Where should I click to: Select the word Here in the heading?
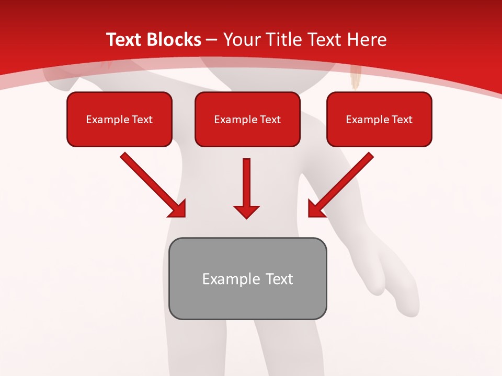pyautogui.click(x=366, y=40)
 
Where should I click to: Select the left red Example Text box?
pyautogui.click(x=119, y=119)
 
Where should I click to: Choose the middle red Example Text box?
pyautogui.click(x=247, y=119)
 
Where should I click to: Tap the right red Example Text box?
pyautogui.click(x=379, y=119)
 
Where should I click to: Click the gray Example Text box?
pyautogui.click(x=248, y=278)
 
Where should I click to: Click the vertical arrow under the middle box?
pyautogui.click(x=246, y=185)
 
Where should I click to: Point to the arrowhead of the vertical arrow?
pyautogui.click(x=246, y=211)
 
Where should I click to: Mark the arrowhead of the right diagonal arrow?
pyautogui.click(x=315, y=209)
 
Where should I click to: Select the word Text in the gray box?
pyautogui.click(x=279, y=279)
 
